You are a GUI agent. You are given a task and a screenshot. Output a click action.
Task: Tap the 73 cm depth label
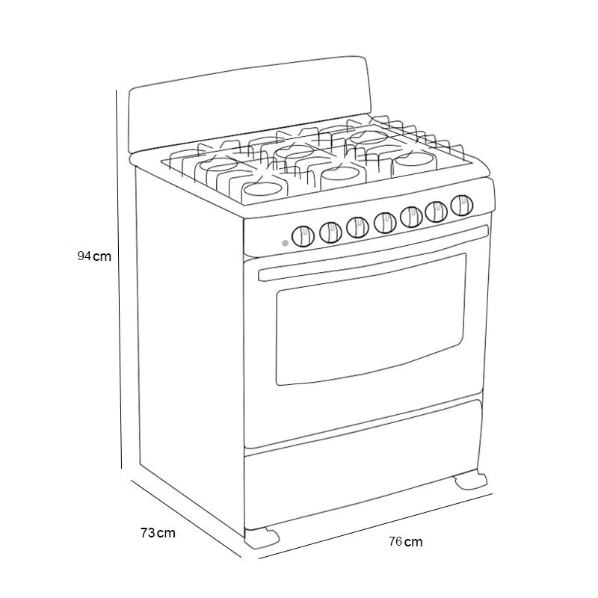coord(158,532)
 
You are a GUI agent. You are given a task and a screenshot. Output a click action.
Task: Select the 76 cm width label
coord(405,541)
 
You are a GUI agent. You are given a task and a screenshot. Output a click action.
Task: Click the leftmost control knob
coord(301,237)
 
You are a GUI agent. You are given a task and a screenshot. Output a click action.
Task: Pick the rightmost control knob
coord(461,204)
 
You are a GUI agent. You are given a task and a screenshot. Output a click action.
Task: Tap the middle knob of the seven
coord(384,221)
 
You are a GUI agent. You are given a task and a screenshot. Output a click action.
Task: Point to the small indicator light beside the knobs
coord(286,243)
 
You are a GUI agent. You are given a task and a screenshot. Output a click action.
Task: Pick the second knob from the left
coord(330,232)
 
